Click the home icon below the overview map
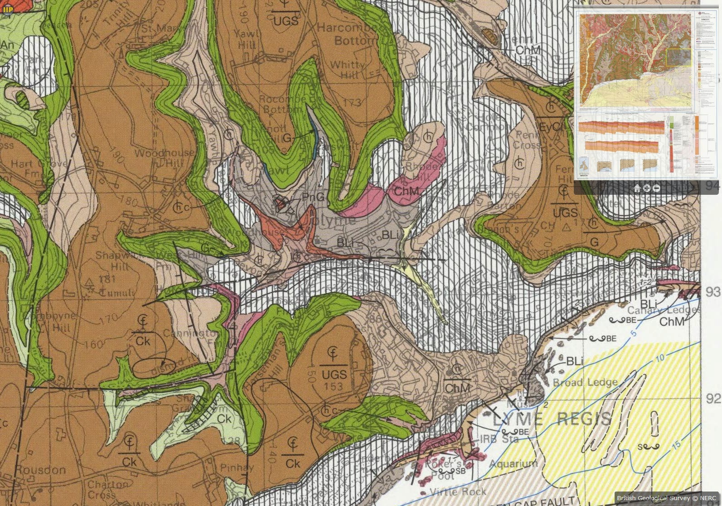pyautogui.click(x=637, y=189)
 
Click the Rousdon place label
pyautogui.click(x=41, y=470)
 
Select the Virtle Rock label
pyautogui.click(x=458, y=492)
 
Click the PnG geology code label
pyautogui.click(x=313, y=197)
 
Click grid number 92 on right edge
pyautogui.click(x=713, y=398)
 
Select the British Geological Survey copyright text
pyautogui.click(x=666, y=498)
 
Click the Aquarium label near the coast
pyautogui.click(x=514, y=463)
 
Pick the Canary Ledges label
pyautogui.click(x=662, y=310)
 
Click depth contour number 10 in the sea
pyautogui.click(x=660, y=358)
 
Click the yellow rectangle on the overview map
pyautogui.click(x=678, y=58)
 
